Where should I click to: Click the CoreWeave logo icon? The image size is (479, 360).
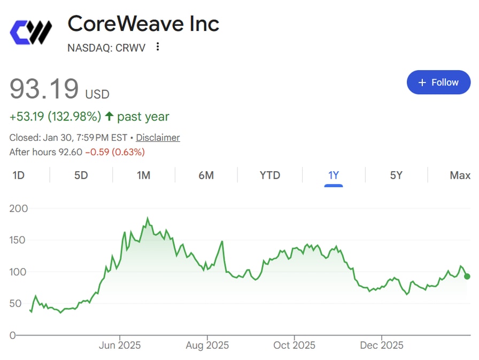point(30,32)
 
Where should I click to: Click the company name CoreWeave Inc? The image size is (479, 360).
point(143,24)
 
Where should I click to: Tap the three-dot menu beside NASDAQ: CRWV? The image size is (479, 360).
point(157,47)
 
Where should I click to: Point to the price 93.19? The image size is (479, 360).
point(44,89)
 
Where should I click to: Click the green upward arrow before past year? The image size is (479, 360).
point(109,117)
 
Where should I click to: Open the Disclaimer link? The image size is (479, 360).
point(158,137)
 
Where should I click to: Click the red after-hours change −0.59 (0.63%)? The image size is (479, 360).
point(115,152)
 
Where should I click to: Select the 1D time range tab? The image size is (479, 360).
point(18,175)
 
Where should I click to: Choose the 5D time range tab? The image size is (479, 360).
point(81,175)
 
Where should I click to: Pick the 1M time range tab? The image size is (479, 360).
point(143,175)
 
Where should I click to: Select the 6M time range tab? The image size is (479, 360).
point(206,175)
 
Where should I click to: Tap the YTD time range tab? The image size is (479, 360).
point(269,175)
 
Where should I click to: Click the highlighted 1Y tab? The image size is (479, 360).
point(334,175)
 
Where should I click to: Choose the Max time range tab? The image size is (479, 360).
point(460,175)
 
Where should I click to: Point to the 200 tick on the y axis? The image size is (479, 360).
point(19,208)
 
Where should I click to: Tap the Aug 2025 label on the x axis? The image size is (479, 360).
point(207,345)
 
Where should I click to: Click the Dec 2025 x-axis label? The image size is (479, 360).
point(382,345)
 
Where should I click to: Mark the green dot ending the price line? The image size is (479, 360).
point(467,276)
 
